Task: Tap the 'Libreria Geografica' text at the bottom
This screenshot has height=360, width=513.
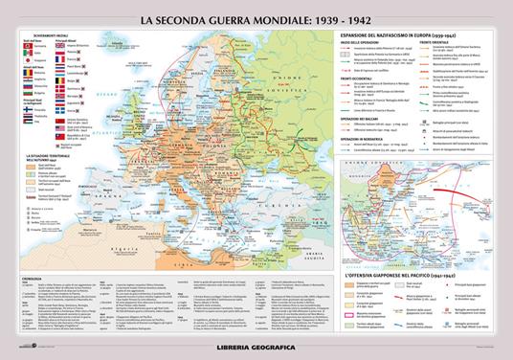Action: [x=256, y=343]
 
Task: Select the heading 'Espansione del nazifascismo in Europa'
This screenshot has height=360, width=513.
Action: [x=397, y=35]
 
